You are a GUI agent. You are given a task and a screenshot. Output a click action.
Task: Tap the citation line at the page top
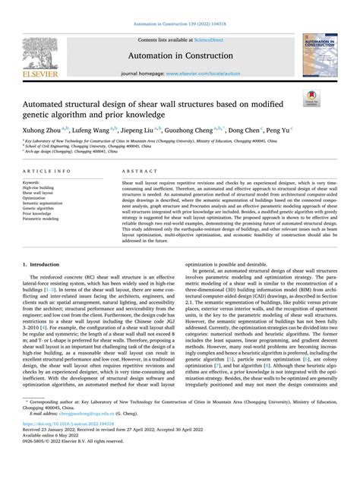180,6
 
